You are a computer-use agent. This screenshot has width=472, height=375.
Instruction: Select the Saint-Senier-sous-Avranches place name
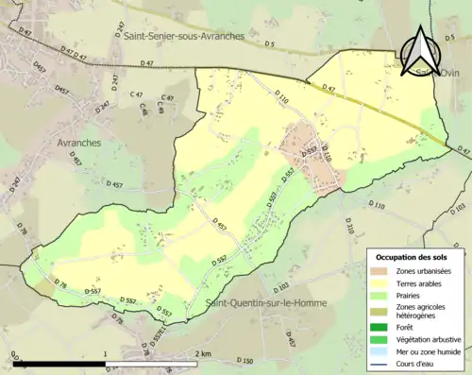click(x=183, y=36)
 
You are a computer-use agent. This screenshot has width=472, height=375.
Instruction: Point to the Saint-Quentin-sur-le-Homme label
click(x=261, y=303)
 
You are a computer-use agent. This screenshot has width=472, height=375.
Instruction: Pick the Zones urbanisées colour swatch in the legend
click(x=382, y=271)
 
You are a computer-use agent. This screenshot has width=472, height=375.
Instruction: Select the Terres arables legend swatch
click(x=382, y=282)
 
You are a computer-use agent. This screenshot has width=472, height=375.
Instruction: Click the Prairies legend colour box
click(x=382, y=294)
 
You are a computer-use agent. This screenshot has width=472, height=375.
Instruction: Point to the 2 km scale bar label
click(x=202, y=354)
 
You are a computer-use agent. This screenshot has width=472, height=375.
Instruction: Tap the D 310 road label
click(x=348, y=225)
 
